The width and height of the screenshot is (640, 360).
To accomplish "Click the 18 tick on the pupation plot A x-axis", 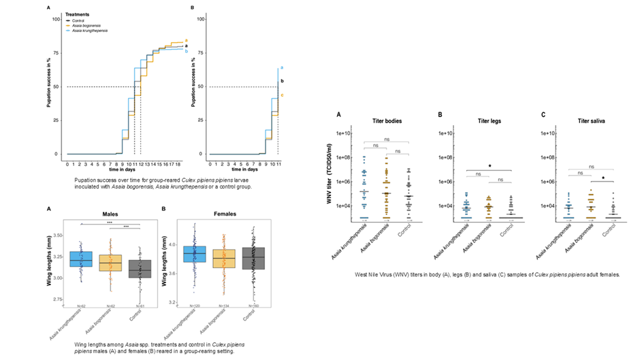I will point(178,164).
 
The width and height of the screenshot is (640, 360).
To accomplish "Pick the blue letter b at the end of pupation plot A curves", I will point(186,50).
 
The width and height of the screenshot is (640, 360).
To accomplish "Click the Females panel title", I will point(219,214).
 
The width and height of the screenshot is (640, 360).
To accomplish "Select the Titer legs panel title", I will point(485,120).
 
